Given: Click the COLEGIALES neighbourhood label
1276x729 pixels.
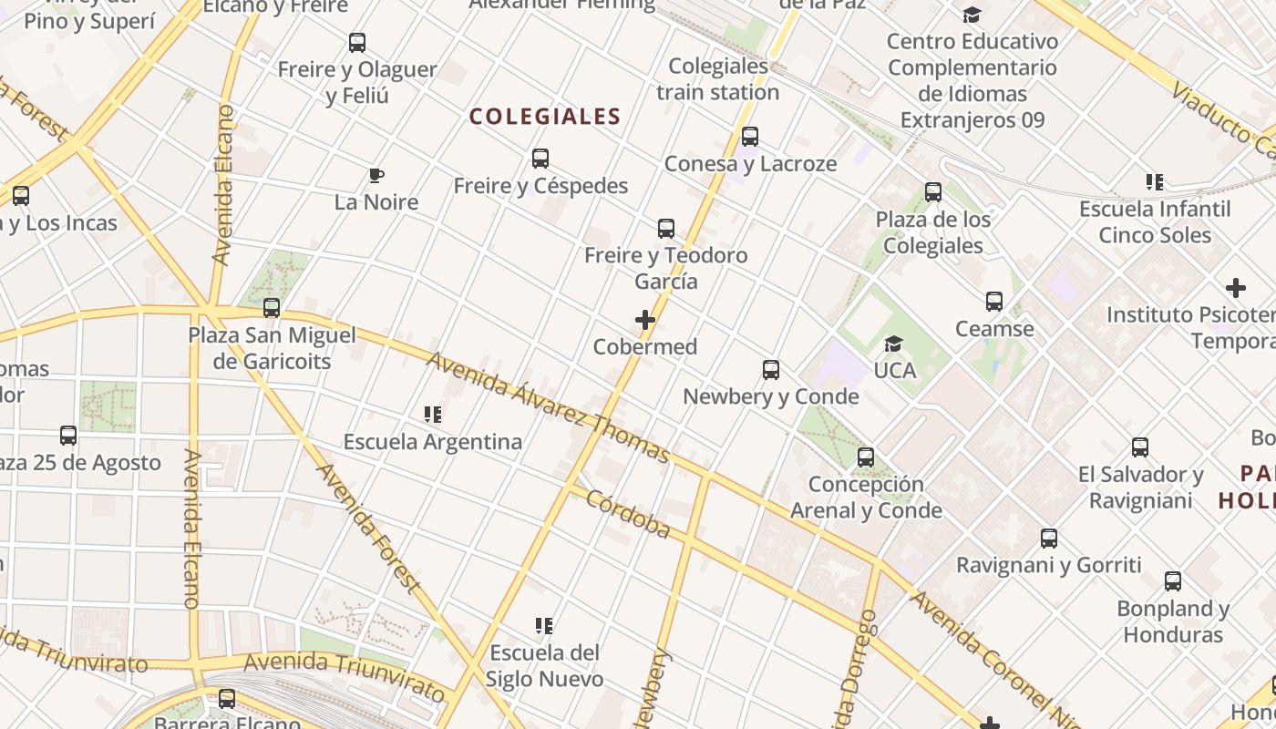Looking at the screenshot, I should tap(545, 117).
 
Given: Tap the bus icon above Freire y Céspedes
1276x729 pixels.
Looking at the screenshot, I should tap(540, 159).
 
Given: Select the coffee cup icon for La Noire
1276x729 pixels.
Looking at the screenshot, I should tap(376, 175).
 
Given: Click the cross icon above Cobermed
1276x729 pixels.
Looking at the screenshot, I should tap(645, 320).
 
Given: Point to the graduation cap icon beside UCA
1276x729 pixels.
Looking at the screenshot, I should tap(893, 344).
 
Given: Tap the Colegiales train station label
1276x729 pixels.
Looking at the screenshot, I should tap(718, 79).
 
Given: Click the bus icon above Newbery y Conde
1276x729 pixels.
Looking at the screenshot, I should tap(771, 370).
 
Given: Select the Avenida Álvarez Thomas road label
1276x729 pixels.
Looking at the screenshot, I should tap(548, 407).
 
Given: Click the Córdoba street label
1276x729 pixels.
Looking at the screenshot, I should tap(628, 514).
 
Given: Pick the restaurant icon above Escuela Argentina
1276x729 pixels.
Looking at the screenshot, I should tap(433, 416).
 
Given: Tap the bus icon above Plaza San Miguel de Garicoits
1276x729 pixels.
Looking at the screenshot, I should tap(272, 308).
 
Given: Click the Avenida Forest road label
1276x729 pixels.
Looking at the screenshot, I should tap(368, 528).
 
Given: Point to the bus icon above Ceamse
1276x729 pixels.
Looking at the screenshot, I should tap(994, 302).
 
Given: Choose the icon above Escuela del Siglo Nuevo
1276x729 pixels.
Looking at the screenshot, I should tap(544, 626).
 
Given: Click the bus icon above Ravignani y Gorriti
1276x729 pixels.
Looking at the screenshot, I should tap(1049, 539).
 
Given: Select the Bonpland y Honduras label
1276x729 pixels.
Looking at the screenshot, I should tap(1173, 621).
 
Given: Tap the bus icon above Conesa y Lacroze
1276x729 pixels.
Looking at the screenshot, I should tap(750, 137).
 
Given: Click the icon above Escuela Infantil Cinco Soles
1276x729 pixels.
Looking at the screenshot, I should tap(1155, 182).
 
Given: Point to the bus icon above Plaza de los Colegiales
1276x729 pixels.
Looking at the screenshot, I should tap(933, 192).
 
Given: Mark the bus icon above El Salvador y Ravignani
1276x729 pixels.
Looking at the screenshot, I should tap(1140, 447).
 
